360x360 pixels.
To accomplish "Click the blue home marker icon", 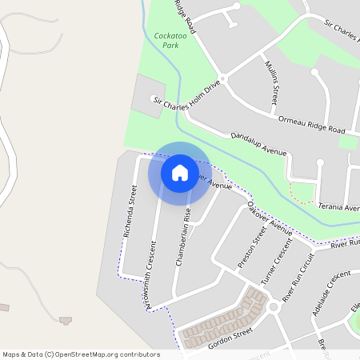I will [179, 172].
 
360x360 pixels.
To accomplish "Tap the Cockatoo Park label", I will [166, 41].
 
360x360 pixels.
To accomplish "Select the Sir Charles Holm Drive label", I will [186, 94].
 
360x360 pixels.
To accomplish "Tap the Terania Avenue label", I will [338, 207].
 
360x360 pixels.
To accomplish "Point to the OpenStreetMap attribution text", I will [81, 354].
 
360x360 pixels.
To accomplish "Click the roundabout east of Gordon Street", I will [272, 306].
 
